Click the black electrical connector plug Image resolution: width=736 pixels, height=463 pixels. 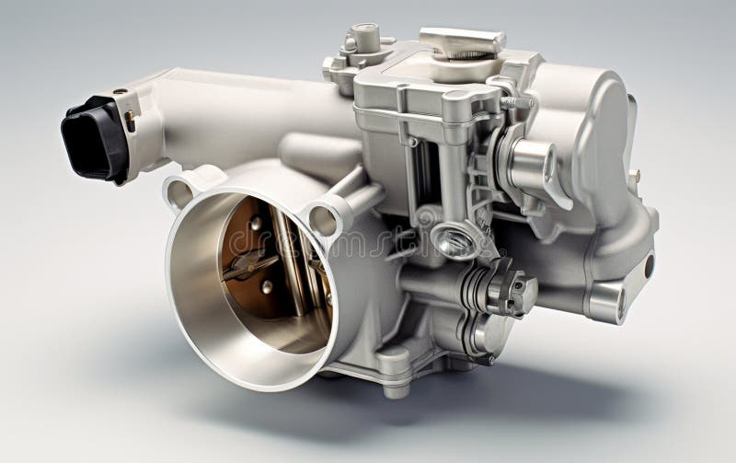pos(94,137)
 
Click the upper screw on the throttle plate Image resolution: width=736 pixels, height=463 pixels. pos(255,224)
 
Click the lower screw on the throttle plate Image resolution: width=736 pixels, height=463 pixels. pos(266,287)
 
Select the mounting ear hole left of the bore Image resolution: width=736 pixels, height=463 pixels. pos(179,193)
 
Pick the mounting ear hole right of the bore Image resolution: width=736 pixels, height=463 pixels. pos(324,220)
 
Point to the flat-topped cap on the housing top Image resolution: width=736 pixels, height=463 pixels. pos(462,41)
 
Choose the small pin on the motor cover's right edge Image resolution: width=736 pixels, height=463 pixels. pos(635,175)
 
